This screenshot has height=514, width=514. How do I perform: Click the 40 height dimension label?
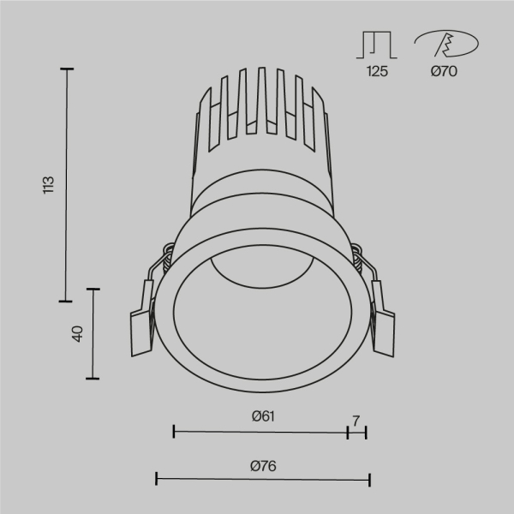[x=76, y=333]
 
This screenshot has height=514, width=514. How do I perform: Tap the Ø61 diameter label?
[x=262, y=416]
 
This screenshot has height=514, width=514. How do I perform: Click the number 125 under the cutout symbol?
[x=377, y=72]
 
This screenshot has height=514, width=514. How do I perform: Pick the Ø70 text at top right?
[x=444, y=72]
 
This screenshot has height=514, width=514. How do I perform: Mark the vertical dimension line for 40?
[x=93, y=333]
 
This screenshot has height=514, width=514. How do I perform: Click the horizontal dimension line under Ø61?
[x=260, y=432]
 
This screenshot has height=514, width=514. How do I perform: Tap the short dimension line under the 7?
[x=356, y=432]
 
